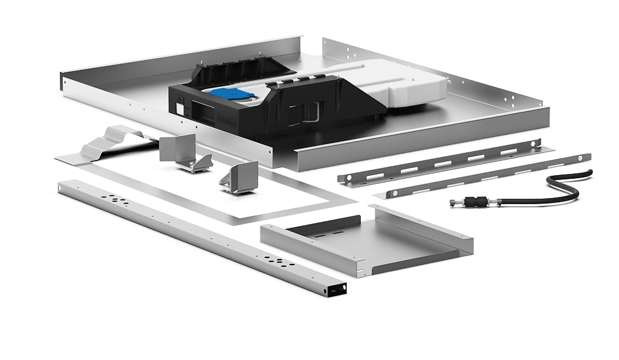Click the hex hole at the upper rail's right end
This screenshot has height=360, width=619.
(x=533, y=143)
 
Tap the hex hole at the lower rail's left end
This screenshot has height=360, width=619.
(x=395, y=193)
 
